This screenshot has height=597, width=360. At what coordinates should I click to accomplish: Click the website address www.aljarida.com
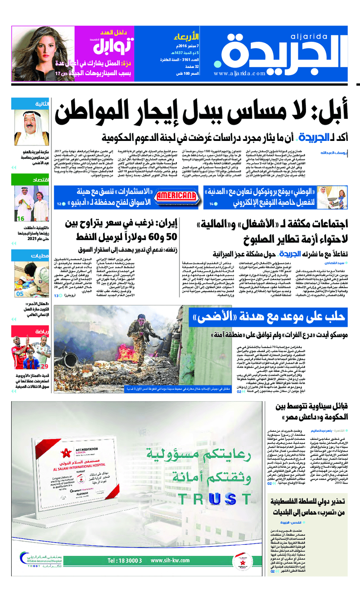click(x=240, y=74)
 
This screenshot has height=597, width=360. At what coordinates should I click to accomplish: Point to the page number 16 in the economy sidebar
click(x=20, y=218)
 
